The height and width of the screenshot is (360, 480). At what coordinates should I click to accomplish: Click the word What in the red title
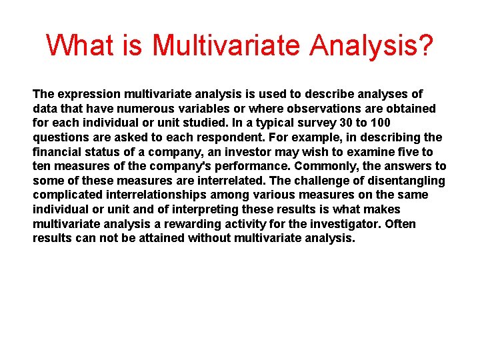point(79,46)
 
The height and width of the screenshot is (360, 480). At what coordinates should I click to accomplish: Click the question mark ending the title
point(426,46)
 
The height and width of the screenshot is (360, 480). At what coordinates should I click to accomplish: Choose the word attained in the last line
point(161,238)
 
